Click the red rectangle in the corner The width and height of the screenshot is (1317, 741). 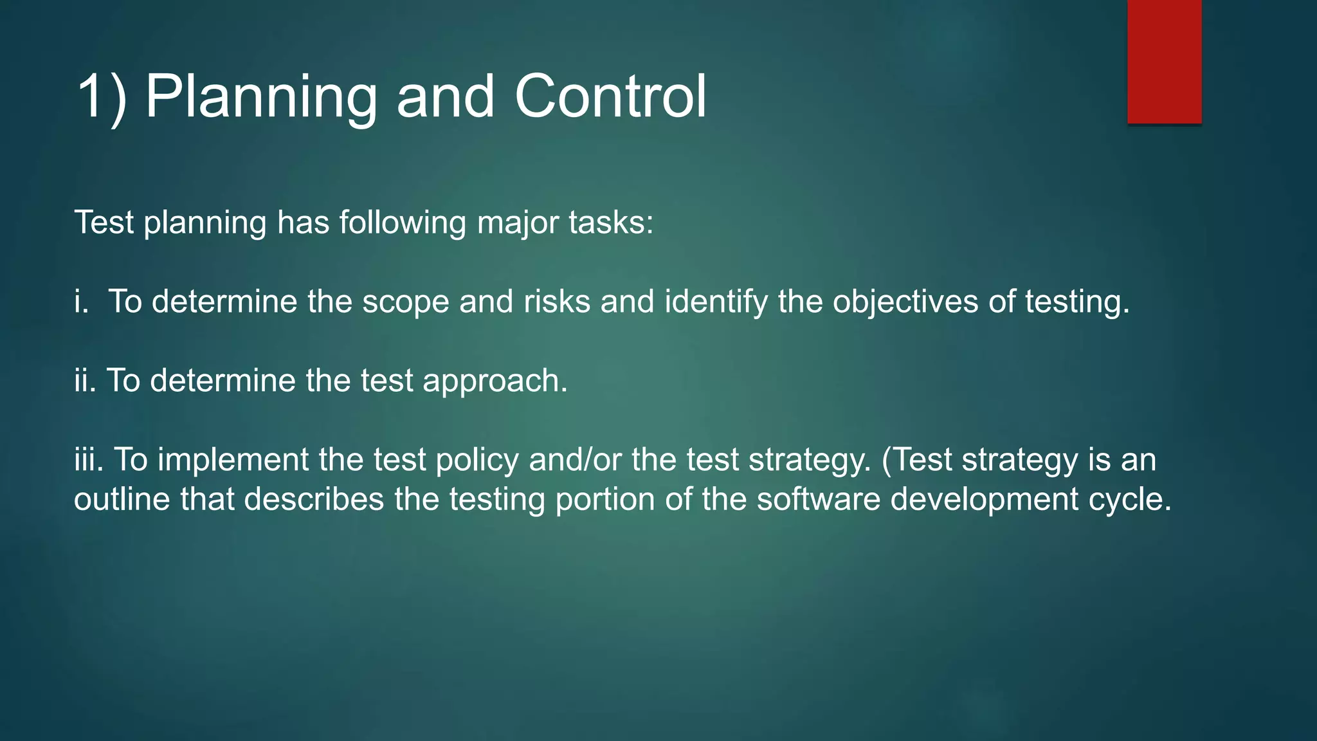(x=1164, y=61)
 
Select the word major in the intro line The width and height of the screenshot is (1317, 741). (x=518, y=223)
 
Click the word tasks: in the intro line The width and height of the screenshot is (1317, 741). (x=610, y=223)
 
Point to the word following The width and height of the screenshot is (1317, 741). (x=403, y=223)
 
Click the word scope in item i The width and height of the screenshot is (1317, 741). (x=405, y=302)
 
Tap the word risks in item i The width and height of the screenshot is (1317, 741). (x=556, y=302)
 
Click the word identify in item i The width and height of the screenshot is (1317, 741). (x=716, y=302)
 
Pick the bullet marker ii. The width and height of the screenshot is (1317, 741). (x=85, y=381)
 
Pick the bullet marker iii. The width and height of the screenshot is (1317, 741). (x=88, y=461)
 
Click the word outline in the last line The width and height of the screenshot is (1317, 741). (x=122, y=500)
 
